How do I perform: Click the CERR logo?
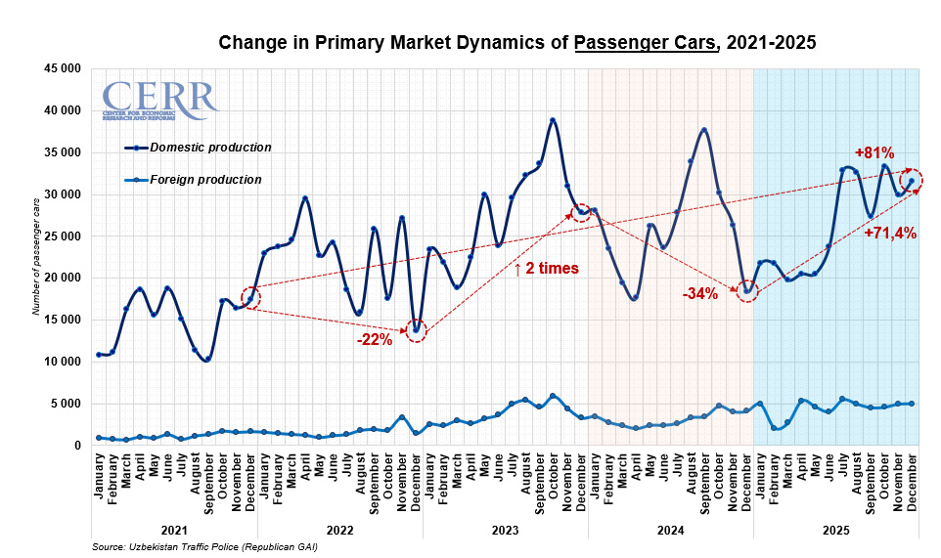click(x=159, y=100)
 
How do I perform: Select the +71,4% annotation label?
click(x=890, y=233)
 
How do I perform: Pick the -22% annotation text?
click(x=374, y=340)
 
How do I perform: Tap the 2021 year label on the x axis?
click(x=175, y=530)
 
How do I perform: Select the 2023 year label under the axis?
click(x=505, y=530)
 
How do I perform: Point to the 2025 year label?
click(x=835, y=530)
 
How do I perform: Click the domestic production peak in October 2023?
click(x=553, y=120)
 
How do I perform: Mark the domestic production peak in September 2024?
click(x=704, y=129)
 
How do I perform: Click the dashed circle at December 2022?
click(x=417, y=330)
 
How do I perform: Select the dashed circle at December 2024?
click(x=747, y=291)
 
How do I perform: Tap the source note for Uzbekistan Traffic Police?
click(x=203, y=547)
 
